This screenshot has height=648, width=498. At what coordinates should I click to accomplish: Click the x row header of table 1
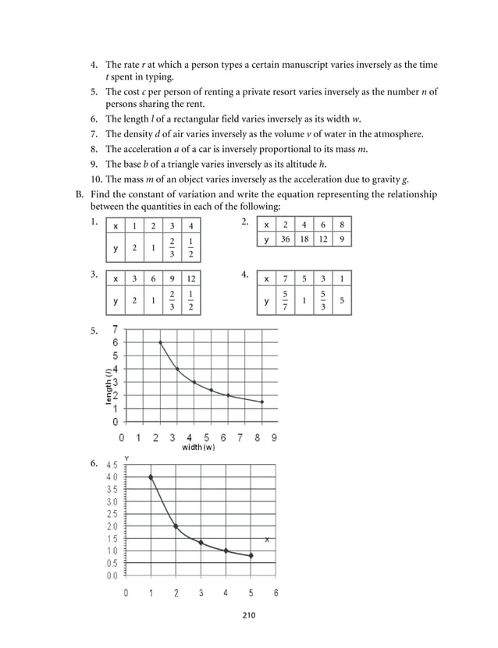tap(116, 226)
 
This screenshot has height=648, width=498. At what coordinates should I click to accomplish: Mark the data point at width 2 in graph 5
tap(161, 342)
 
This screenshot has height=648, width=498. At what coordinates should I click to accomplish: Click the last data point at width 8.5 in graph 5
tap(262, 402)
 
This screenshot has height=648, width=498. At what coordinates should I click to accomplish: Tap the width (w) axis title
tap(199, 448)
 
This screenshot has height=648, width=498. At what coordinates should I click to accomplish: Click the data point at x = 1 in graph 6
tap(151, 476)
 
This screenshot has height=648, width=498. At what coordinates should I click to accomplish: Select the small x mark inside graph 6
tap(268, 540)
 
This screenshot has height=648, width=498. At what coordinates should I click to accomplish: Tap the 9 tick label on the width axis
tap(274, 437)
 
